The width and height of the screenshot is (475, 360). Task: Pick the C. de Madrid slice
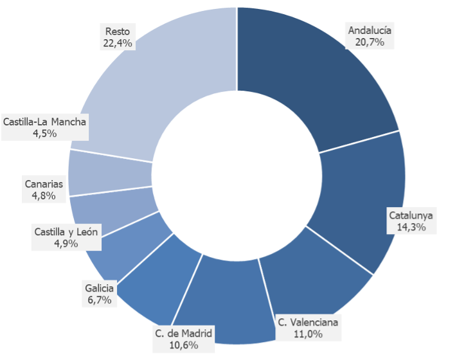(x=225, y=296)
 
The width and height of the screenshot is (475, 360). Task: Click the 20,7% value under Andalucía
(x=369, y=42)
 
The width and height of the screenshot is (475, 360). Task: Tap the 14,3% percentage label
(x=411, y=227)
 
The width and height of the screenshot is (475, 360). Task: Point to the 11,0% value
(x=307, y=334)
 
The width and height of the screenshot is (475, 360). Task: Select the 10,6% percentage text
(x=183, y=345)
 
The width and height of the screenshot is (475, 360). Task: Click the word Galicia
(x=100, y=288)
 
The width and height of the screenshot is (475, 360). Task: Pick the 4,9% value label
(x=65, y=244)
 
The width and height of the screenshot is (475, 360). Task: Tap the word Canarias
(x=44, y=184)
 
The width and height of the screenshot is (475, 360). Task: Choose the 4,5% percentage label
(x=44, y=134)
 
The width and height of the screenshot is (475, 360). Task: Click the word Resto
(x=117, y=31)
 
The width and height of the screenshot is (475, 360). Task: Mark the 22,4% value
(x=117, y=43)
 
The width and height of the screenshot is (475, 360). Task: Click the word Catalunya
(x=411, y=215)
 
